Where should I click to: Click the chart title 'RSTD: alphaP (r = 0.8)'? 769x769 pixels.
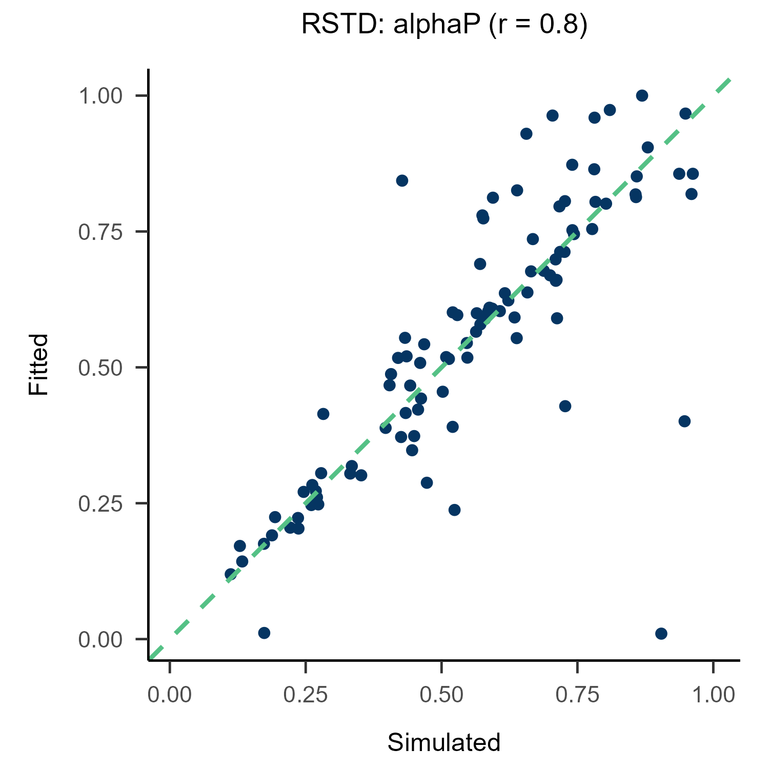(444, 25)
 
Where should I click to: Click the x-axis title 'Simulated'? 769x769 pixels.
(444, 742)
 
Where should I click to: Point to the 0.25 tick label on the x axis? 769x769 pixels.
(306, 695)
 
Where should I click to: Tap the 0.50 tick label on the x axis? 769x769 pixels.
(441, 695)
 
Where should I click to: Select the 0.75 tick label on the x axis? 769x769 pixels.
(577, 695)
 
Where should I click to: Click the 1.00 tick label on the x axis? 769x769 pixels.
(713, 695)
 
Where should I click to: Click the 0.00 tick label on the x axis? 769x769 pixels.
(170, 695)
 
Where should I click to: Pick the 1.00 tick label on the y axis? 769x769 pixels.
(100, 96)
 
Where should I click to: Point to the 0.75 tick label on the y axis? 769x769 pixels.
(100, 232)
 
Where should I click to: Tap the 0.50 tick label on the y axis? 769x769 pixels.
(100, 368)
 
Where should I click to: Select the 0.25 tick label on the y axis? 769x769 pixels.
(100, 503)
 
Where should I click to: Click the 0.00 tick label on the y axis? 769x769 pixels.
(100, 640)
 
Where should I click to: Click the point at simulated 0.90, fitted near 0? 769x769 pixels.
(661, 634)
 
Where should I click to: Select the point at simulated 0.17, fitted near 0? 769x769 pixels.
(264, 633)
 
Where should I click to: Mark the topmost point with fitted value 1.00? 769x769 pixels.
(642, 96)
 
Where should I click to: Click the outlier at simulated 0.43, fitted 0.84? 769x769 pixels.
(402, 180)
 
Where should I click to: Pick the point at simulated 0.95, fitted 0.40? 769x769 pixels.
(684, 421)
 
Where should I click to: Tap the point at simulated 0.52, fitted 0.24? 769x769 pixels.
(454, 510)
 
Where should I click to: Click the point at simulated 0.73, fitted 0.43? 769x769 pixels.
(565, 406)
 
